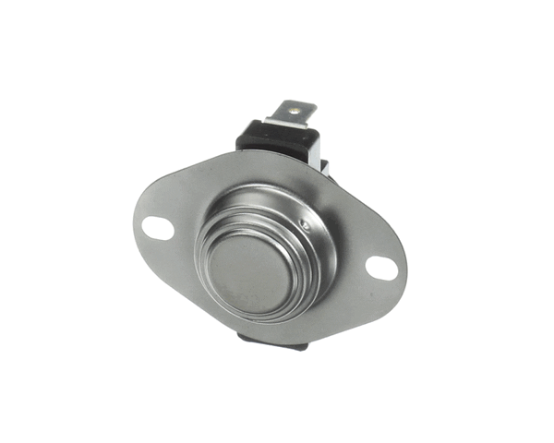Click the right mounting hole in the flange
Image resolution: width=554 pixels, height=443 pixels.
click(x=380, y=268)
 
